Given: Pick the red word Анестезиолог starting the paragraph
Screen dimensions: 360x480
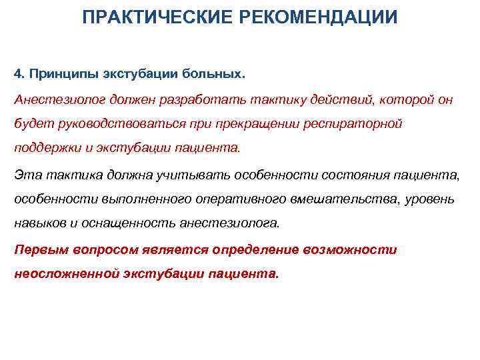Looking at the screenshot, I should click(x=55, y=100).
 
